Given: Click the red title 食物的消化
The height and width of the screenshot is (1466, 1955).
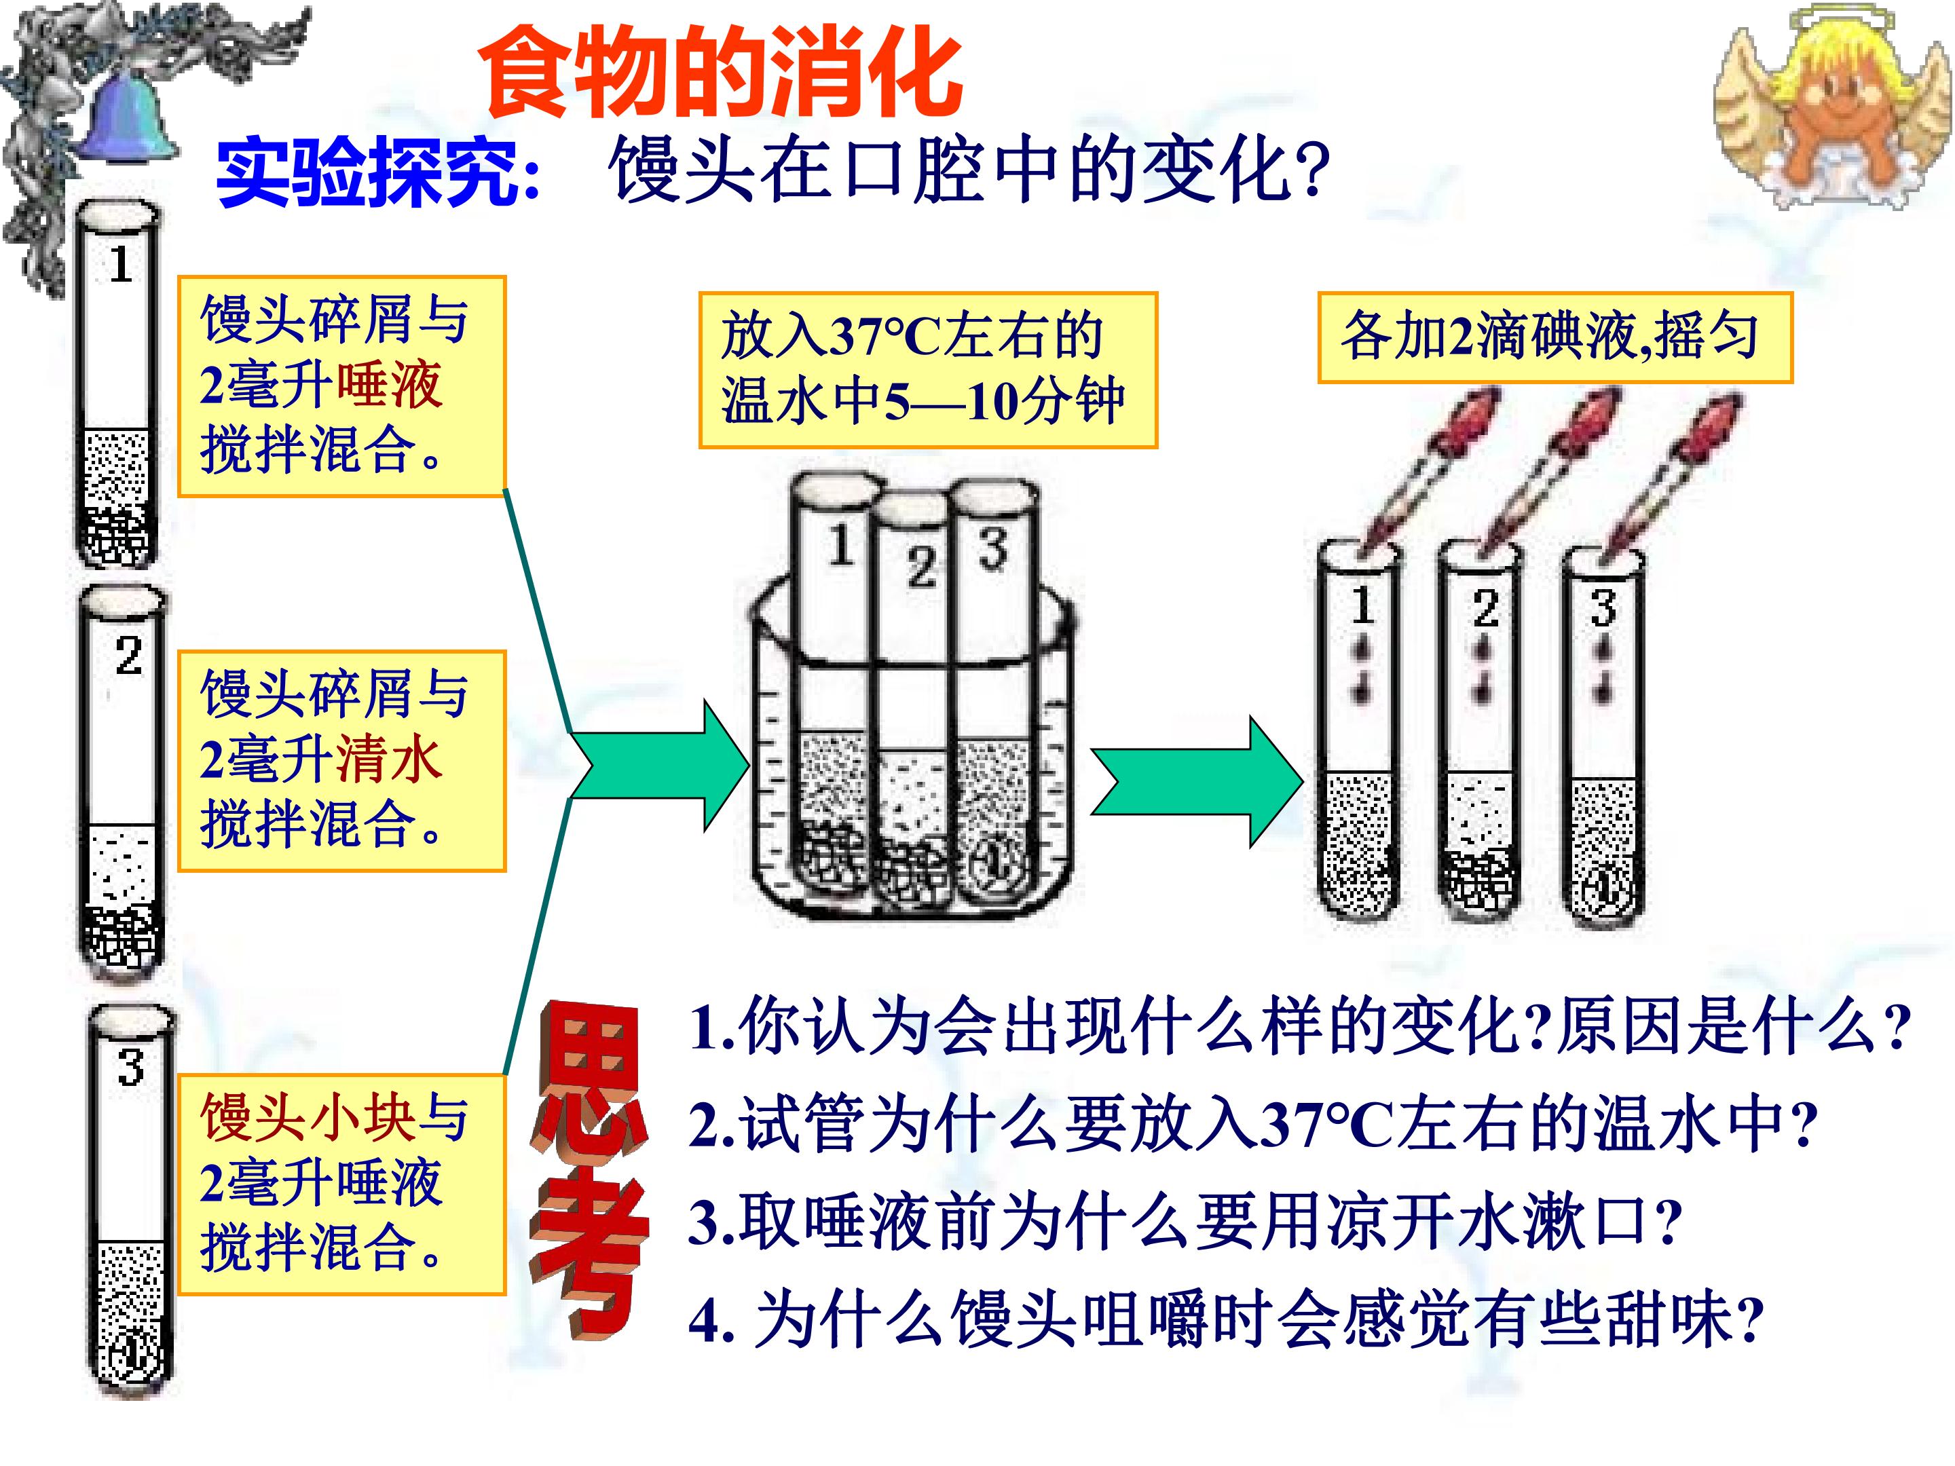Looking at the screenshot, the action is [720, 73].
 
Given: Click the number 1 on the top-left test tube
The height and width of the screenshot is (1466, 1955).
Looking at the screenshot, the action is [121, 263].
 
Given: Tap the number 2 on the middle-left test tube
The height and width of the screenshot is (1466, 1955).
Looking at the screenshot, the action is [128, 656].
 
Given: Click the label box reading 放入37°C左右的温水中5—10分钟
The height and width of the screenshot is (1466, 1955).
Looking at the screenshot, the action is [928, 371].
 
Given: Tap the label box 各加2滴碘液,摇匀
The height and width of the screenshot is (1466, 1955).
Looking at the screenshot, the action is [1554, 337].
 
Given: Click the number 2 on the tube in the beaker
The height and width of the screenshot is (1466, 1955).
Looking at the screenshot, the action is [921, 567].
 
